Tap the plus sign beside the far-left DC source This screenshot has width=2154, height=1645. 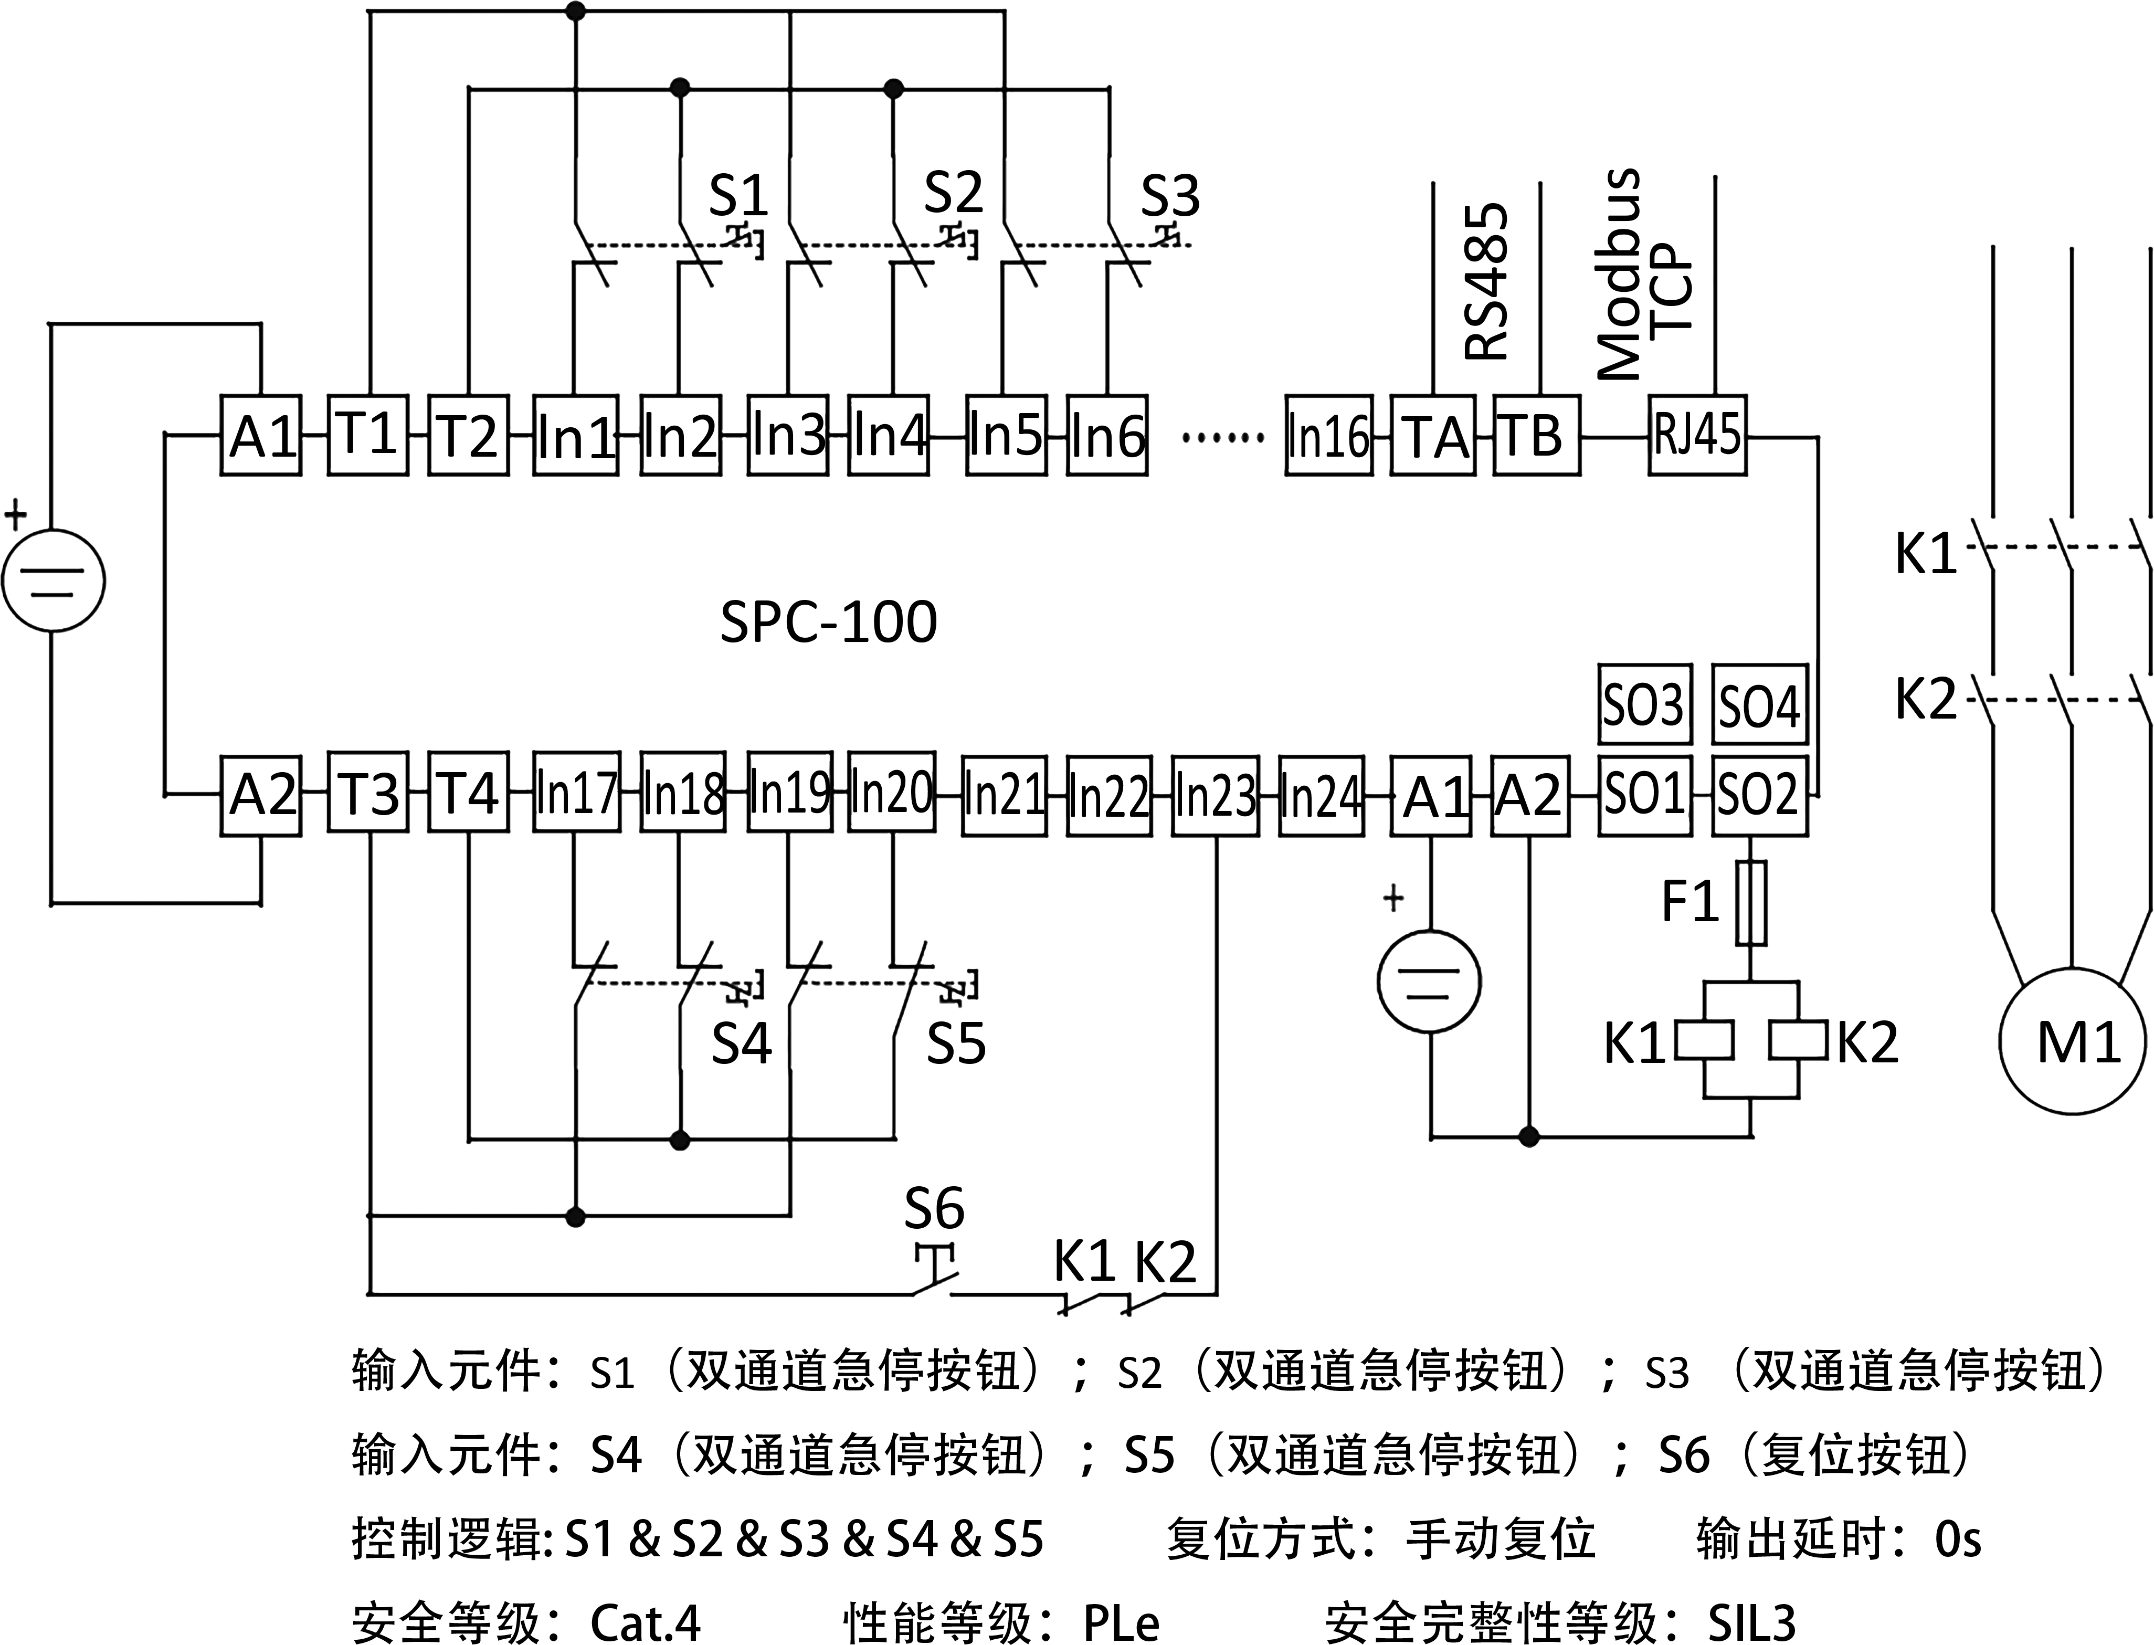point(16,514)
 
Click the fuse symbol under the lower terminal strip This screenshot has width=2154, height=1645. point(1750,903)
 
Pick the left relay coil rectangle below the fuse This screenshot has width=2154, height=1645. point(1704,1040)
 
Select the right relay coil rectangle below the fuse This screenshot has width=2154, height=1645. point(1798,1040)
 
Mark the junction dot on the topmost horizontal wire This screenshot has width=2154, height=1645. point(576,12)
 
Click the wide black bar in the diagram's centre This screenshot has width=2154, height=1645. point(828,621)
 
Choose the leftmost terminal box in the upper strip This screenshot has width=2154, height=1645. point(260,436)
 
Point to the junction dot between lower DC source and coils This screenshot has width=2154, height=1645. point(1528,1137)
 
